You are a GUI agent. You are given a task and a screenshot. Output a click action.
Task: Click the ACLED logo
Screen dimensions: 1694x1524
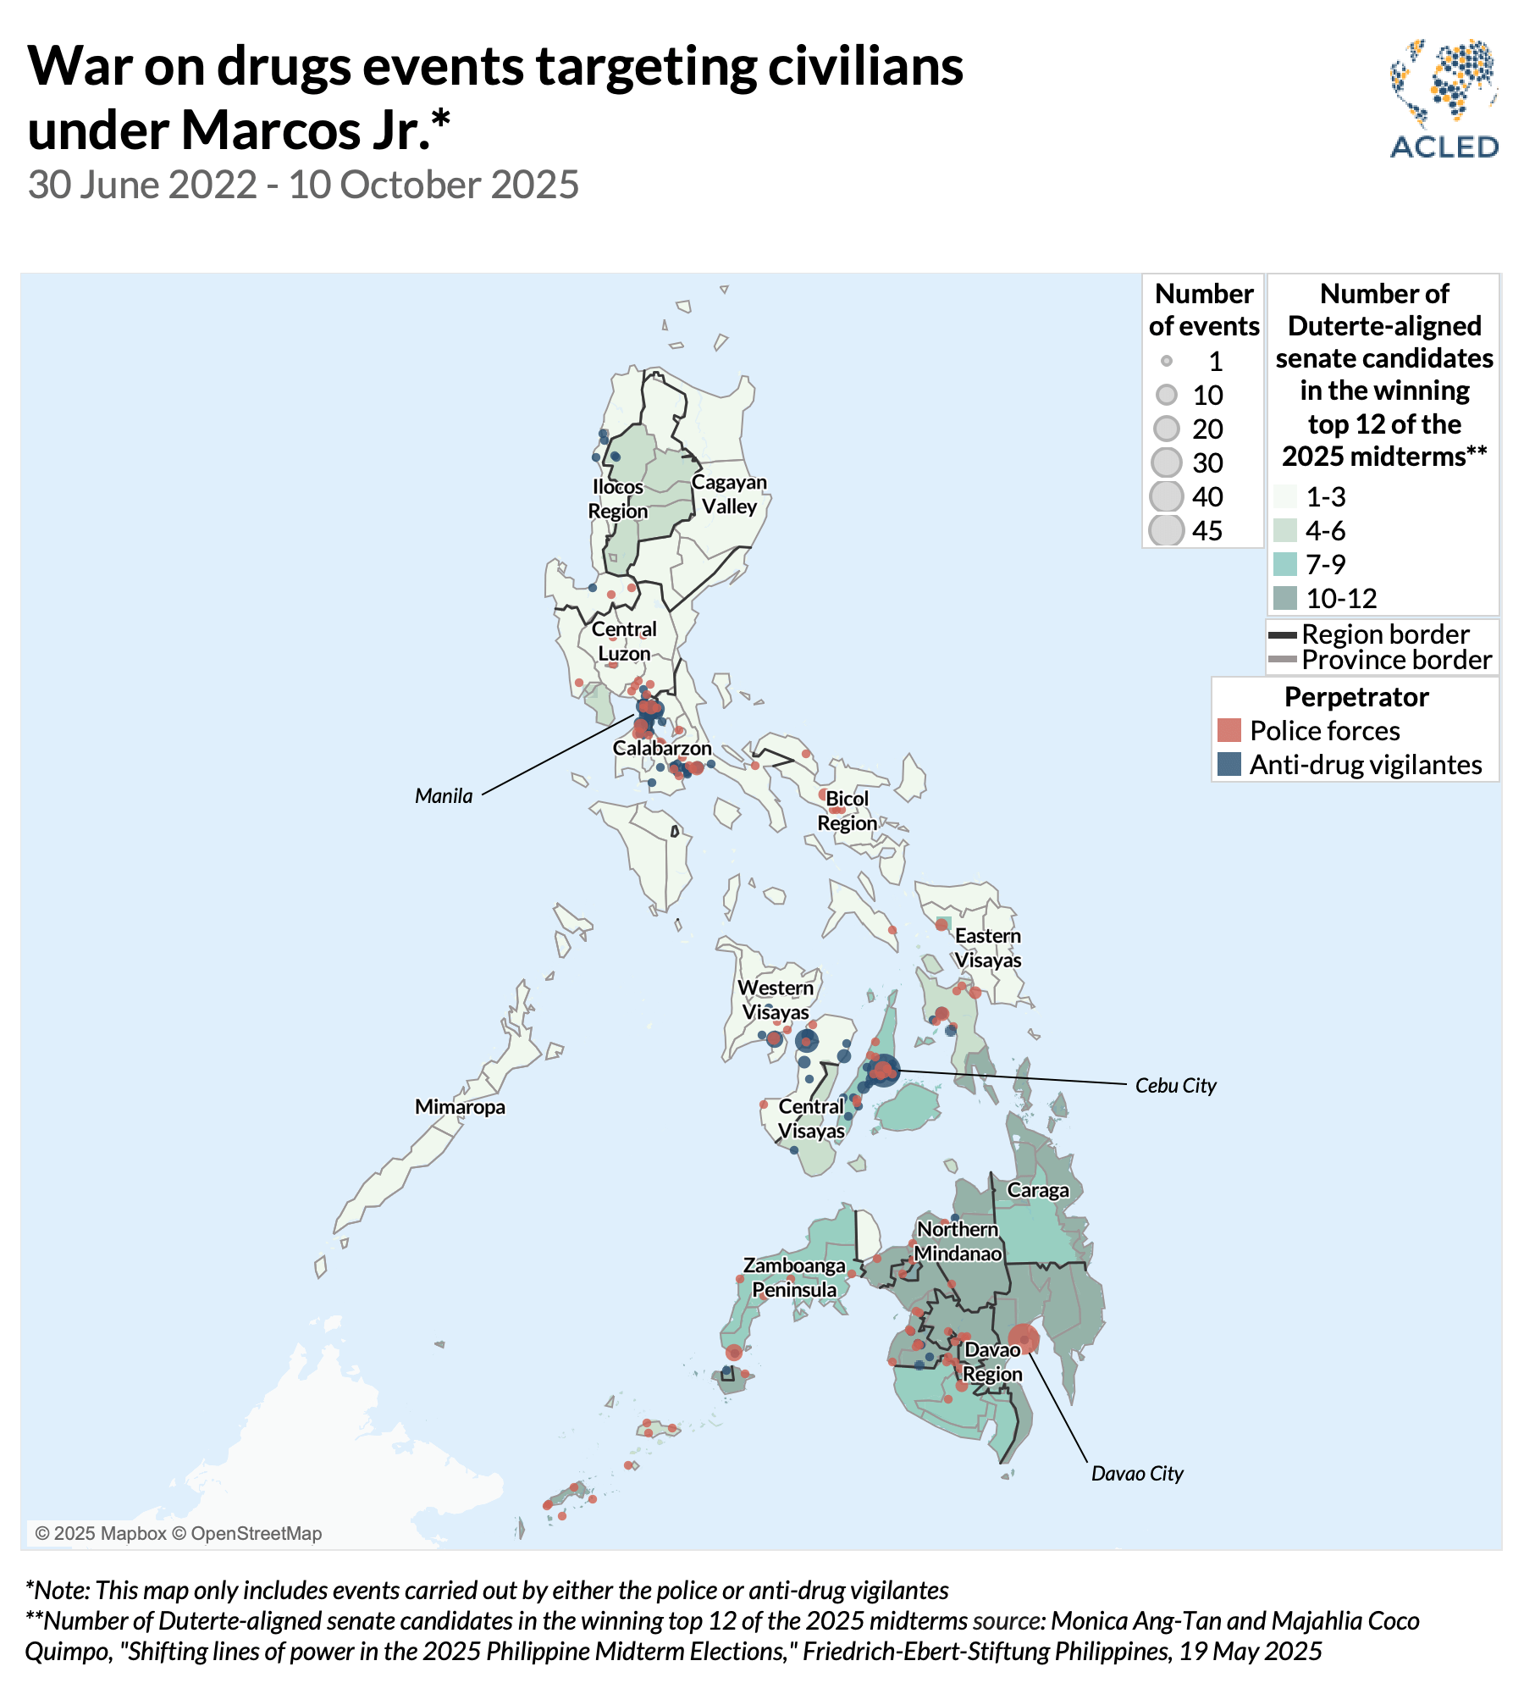pyautogui.click(x=1444, y=99)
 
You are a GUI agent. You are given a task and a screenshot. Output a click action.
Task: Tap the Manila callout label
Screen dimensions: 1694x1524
pyautogui.click(x=444, y=796)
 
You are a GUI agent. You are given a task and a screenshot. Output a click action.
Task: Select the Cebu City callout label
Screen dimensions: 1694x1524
pyautogui.click(x=1175, y=1086)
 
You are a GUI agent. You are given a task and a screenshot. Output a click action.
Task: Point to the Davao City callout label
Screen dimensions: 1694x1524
pyautogui.click(x=1137, y=1474)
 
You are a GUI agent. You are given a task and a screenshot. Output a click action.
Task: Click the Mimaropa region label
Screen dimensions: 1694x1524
pyautogui.click(x=460, y=1107)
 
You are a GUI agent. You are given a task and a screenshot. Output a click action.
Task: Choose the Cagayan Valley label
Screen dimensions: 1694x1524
pyautogui.click(x=729, y=494)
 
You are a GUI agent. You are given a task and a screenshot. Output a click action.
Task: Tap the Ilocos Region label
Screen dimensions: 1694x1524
pyautogui.click(x=618, y=499)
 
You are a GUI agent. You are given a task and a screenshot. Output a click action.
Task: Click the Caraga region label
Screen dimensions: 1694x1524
pyautogui.click(x=1038, y=1190)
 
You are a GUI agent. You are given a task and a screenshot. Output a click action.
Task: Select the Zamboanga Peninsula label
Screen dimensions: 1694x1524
pyautogui.click(x=794, y=1277)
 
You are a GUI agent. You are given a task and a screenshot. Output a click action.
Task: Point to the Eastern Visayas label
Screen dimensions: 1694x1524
pyautogui.click(x=988, y=948)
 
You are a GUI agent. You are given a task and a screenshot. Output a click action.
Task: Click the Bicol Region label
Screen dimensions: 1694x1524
pyautogui.click(x=847, y=811)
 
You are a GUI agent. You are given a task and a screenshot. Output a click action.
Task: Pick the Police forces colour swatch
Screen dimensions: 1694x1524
pyautogui.click(x=1229, y=730)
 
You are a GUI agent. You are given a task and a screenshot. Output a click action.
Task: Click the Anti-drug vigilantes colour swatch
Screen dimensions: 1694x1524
pyautogui.click(x=1229, y=764)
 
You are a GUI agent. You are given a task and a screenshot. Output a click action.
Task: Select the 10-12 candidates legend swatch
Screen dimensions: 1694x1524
pyautogui.click(x=1284, y=598)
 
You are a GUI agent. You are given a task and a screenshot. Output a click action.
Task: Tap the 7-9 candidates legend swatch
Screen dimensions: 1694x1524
pyautogui.click(x=1284, y=564)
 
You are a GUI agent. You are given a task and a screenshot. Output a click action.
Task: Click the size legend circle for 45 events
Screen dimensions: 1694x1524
pyautogui.click(x=1167, y=530)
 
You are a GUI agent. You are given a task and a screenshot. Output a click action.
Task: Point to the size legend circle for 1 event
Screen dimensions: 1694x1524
pyautogui.click(x=1167, y=361)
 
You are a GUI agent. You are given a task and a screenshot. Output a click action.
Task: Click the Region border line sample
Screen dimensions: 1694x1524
pyautogui.click(x=1283, y=634)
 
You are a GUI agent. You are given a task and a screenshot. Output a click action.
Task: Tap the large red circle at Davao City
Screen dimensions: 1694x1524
pyautogui.click(x=1024, y=1340)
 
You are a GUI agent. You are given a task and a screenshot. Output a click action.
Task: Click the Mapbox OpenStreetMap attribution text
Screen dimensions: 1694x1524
pyautogui.click(x=179, y=1533)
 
